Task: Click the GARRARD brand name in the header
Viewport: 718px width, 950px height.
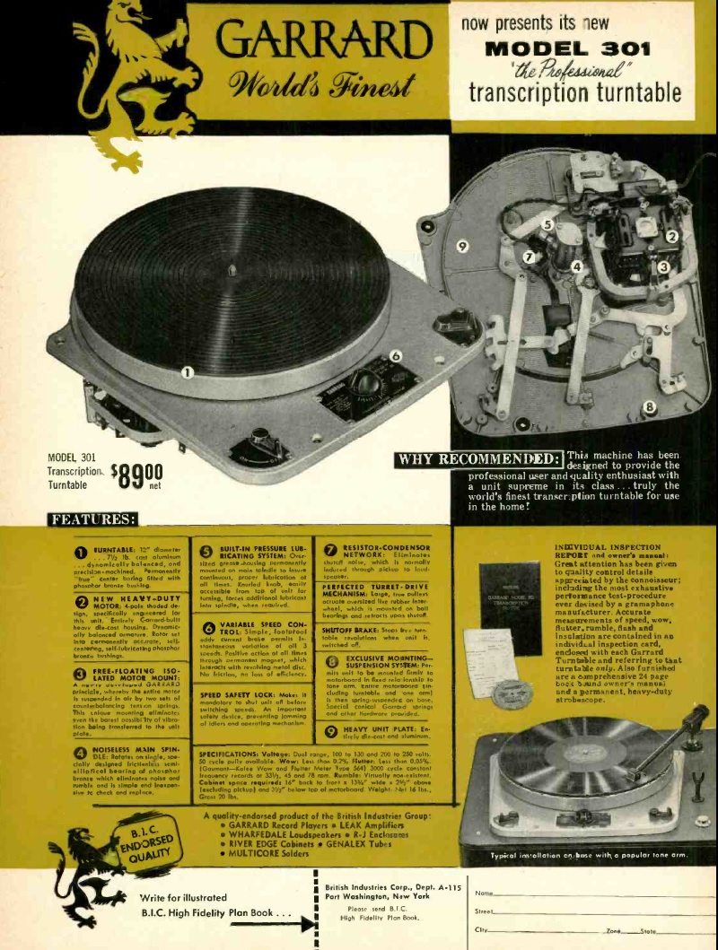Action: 324,40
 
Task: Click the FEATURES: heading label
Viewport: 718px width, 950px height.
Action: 93,519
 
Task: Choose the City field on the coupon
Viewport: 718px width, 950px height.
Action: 538,929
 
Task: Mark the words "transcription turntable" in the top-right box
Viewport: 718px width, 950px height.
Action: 574,93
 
